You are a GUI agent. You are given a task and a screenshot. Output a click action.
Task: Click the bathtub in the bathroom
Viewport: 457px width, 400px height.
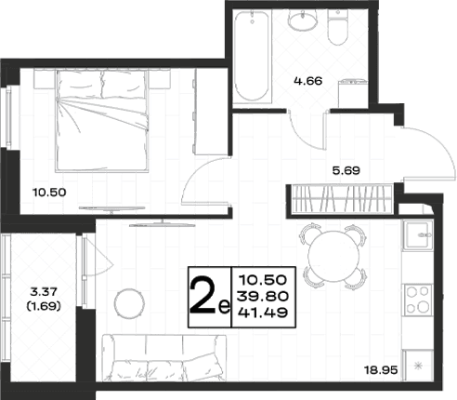tap(252, 57)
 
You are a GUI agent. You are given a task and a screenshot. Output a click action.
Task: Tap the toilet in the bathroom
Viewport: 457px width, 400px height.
tap(338, 27)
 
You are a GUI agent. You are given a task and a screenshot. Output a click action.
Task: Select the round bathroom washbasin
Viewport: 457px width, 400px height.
tap(302, 20)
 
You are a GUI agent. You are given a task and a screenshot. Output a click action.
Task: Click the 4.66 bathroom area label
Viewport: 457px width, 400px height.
tap(308, 81)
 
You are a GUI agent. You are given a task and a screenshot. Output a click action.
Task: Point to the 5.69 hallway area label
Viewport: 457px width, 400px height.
tap(346, 170)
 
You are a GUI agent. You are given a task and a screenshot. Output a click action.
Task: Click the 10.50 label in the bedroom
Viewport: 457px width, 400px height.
tap(49, 193)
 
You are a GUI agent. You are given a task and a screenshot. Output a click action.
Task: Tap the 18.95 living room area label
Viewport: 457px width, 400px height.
tap(381, 370)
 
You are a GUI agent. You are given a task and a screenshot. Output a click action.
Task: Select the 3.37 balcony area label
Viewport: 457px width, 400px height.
tap(44, 292)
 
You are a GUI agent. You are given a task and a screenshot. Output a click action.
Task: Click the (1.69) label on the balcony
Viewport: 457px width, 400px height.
tap(44, 306)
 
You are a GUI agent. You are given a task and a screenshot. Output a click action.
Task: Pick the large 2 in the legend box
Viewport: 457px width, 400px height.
tap(202, 296)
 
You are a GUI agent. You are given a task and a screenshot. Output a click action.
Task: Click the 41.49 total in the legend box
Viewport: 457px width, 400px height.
tap(263, 313)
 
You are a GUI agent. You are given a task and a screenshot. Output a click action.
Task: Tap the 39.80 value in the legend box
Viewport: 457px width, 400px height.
tap(263, 297)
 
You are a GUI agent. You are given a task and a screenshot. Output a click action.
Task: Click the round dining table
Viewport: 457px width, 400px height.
tap(333, 256)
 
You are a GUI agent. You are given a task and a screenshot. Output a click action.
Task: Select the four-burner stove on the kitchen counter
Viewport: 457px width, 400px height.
tap(418, 300)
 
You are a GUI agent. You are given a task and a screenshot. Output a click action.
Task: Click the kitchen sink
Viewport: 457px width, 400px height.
tap(418, 235)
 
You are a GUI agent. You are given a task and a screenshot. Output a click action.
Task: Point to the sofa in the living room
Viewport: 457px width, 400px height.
tap(163, 357)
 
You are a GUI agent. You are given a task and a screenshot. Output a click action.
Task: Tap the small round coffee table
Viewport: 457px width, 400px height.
tap(129, 303)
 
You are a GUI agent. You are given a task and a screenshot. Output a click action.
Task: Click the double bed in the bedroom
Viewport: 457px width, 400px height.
tap(102, 121)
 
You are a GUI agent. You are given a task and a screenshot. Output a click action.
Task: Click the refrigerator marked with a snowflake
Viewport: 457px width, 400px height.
tap(418, 366)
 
